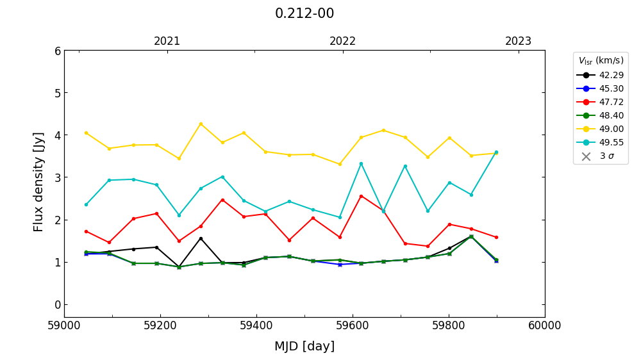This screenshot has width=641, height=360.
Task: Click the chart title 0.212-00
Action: tap(304, 13)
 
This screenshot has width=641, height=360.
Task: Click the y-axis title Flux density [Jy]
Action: tap(38, 182)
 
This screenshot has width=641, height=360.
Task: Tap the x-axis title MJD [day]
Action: tap(304, 346)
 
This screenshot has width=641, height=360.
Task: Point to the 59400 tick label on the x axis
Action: tap(256, 325)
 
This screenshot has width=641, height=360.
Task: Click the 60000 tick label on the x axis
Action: tap(544, 325)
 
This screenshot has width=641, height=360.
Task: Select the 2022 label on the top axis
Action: tap(342, 41)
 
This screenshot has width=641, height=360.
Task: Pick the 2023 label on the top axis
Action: tap(518, 41)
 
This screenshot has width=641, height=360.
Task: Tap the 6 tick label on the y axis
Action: tap(58, 51)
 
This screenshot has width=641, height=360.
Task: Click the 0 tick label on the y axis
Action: tap(58, 304)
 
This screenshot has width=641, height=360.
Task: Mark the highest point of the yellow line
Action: tap(201, 124)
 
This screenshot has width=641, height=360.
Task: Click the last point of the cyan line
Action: tap(496, 152)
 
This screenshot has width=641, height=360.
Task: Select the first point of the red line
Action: tap(86, 231)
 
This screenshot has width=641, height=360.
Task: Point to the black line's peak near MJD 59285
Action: tap(201, 238)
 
